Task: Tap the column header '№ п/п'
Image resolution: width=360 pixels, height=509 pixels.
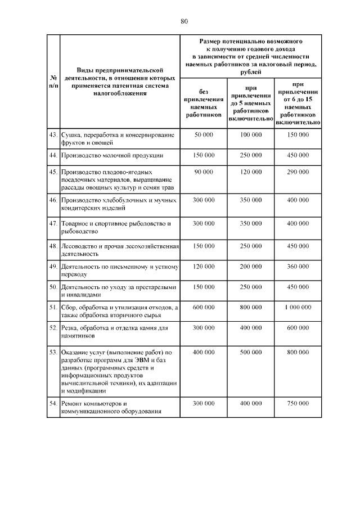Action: click(x=53, y=82)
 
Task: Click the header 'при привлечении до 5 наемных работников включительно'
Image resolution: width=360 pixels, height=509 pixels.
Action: click(x=250, y=103)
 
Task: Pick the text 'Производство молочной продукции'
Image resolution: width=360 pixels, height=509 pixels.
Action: click(x=112, y=154)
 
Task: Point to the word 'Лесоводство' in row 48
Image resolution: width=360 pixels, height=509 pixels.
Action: click(x=80, y=246)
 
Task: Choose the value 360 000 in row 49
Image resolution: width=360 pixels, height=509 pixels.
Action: click(x=298, y=267)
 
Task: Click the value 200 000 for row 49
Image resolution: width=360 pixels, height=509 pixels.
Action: click(x=251, y=267)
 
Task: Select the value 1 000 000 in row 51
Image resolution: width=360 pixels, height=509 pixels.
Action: click(x=298, y=308)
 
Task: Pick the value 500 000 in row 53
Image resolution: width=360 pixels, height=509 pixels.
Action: click(x=251, y=352)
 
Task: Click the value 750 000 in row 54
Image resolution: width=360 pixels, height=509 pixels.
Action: click(x=298, y=404)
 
